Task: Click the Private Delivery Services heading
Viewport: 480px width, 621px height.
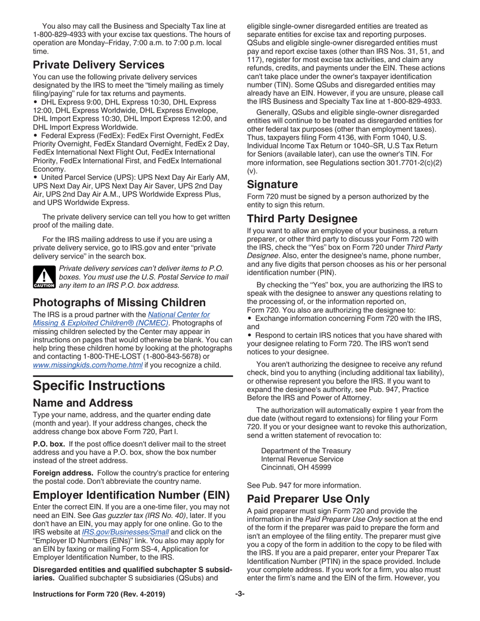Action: coord(99,65)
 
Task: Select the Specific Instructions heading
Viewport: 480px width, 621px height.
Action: coord(99,386)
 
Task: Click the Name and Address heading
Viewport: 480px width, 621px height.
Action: coord(83,403)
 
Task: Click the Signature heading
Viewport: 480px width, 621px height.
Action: coord(272,184)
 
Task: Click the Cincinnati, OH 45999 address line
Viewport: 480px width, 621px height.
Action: coord(296,468)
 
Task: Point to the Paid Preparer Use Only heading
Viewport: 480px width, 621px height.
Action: coord(308,499)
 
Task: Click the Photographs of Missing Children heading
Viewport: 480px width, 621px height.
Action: coord(119,302)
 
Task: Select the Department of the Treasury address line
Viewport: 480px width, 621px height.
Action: coord(306,451)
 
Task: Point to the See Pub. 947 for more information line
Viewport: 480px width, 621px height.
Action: coord(304,485)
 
